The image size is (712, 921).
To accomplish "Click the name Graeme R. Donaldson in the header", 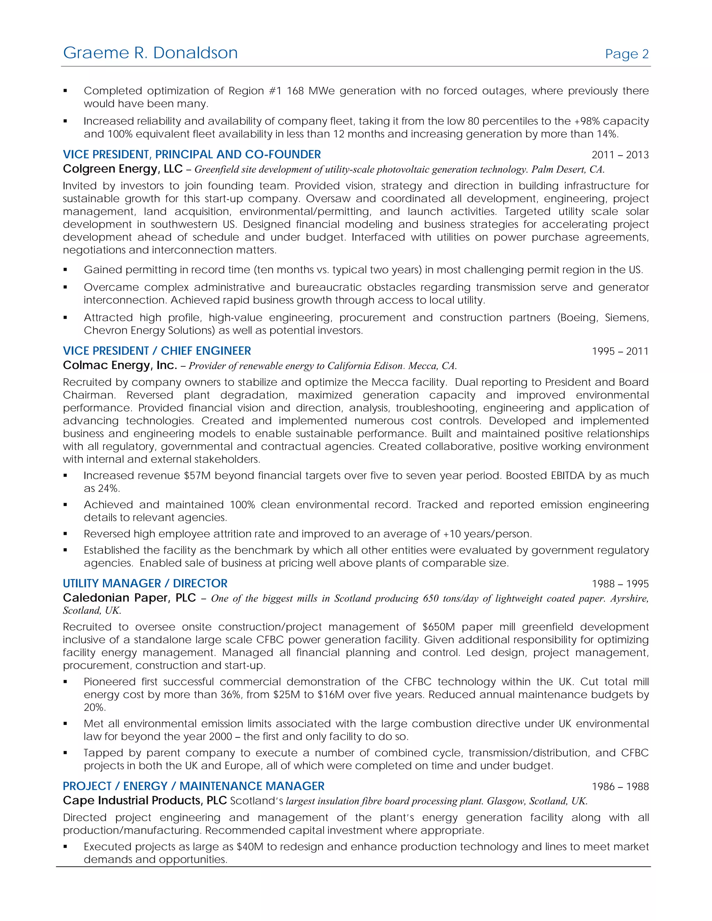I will pos(150,53).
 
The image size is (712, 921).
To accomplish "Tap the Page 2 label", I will pos(626,54).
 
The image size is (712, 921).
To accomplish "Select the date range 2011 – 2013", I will pos(620,155).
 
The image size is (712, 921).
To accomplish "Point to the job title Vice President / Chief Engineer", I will pos(156,351).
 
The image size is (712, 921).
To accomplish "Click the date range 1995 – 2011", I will pos(620,351).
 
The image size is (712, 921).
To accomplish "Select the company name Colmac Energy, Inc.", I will pos(120,365).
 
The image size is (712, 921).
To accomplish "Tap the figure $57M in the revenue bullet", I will pos(197,476).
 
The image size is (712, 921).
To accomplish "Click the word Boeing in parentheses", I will pos(577,318).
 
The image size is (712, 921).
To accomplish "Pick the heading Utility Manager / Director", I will pos(145,583).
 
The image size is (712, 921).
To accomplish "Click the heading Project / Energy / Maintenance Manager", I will pos(193,786).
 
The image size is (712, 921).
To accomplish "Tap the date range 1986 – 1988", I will pos(620,786).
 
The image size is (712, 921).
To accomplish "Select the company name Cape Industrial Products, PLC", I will pos(145,800).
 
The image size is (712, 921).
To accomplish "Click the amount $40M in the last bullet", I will pos(250,847).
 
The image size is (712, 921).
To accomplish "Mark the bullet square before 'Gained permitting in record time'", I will pos(65,270).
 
